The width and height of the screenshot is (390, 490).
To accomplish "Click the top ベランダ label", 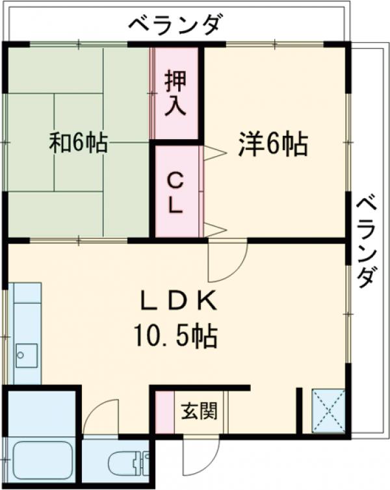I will (175, 26).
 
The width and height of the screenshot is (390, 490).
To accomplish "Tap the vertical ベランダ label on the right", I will (366, 240).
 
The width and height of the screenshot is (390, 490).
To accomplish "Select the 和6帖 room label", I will (79, 143).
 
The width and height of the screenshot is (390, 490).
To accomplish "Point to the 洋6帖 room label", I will (272, 144).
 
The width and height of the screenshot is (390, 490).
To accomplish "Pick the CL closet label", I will (175, 192).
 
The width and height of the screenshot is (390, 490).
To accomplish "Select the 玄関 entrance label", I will (199, 411).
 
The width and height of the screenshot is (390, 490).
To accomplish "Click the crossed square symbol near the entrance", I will (328, 411).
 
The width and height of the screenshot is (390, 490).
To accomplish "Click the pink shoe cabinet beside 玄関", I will (165, 412).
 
